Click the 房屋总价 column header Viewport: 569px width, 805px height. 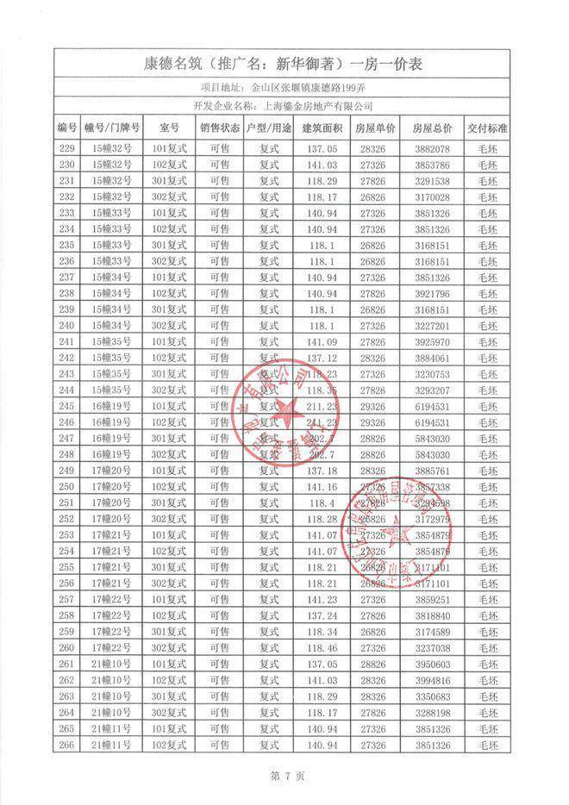point(433,128)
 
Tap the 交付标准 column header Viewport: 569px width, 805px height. point(488,128)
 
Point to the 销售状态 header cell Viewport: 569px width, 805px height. point(219,128)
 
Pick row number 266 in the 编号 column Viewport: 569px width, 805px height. point(67,745)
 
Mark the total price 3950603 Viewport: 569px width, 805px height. point(433,665)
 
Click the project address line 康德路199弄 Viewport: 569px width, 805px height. point(284,87)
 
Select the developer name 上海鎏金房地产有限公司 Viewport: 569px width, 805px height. point(284,106)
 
